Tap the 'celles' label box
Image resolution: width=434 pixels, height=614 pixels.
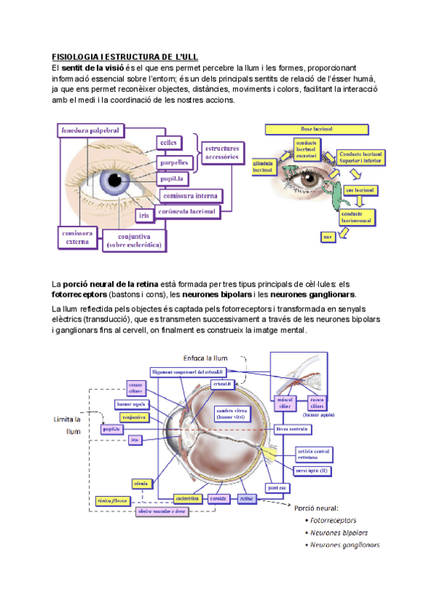(168, 143)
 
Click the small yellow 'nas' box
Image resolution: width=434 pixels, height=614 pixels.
(328, 236)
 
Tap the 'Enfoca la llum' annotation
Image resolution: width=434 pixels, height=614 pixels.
(208, 358)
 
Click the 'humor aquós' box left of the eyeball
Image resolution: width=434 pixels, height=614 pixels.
(131, 405)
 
